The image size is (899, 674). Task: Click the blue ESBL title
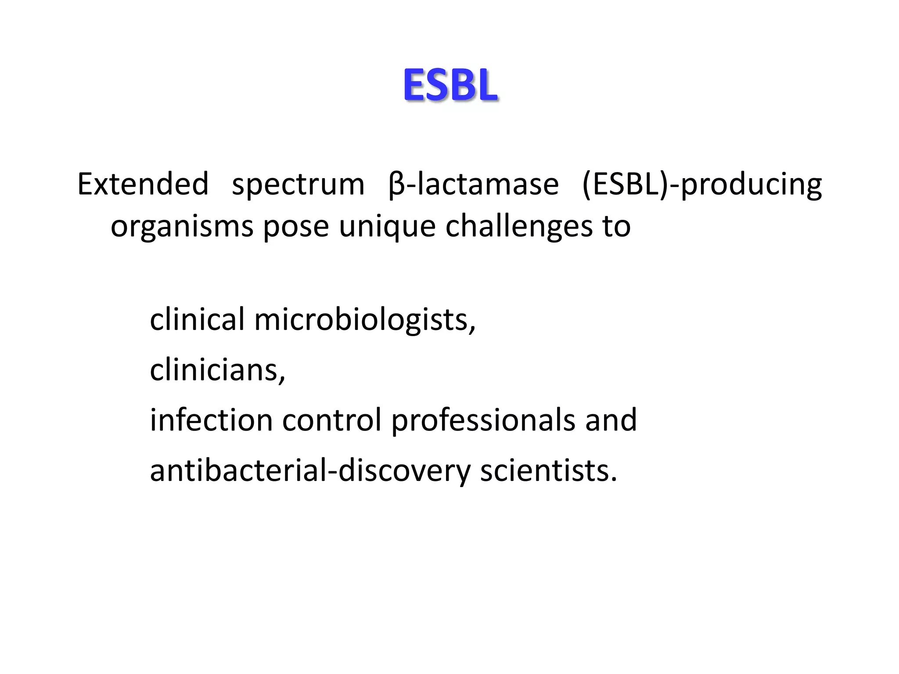[450, 86]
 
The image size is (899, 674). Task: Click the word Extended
[143, 184]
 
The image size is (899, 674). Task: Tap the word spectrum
[298, 185]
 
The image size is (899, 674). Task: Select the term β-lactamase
[473, 184]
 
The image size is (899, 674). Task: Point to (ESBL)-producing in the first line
[701, 185]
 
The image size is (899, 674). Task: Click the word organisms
[182, 226]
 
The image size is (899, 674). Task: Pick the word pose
[296, 227]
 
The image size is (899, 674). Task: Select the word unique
[387, 226]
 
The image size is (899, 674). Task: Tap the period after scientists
[614, 479]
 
